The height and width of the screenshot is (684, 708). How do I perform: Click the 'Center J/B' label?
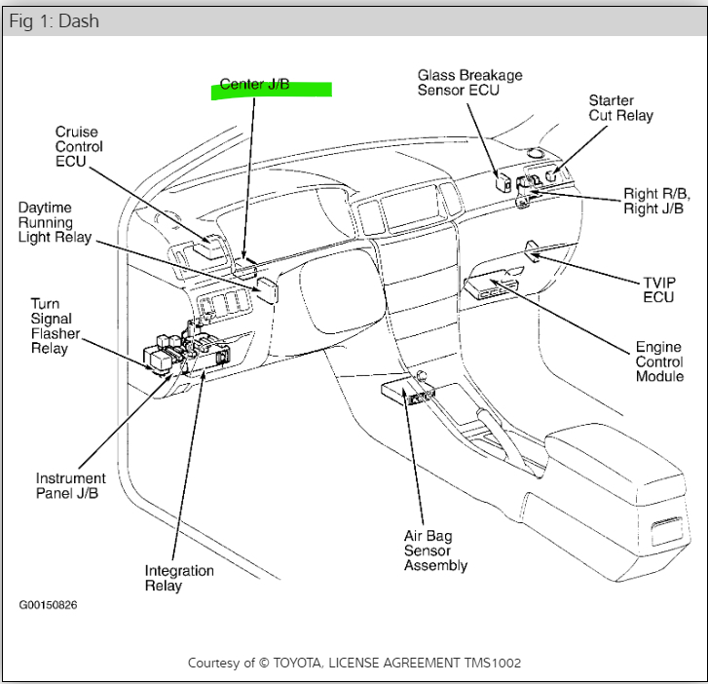tap(254, 85)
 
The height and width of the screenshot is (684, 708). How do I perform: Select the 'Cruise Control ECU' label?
tap(79, 147)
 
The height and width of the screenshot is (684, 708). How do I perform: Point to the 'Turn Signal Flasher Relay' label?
tap(55, 326)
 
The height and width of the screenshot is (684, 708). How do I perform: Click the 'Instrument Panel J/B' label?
tap(71, 485)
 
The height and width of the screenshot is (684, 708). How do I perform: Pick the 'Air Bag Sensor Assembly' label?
tap(435, 551)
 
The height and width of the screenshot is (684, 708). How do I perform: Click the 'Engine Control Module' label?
tap(659, 361)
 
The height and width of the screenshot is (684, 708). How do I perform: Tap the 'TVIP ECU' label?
tap(658, 289)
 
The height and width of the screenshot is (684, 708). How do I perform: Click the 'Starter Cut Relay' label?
tap(620, 108)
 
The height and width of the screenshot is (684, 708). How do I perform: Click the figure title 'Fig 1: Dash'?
tap(54, 20)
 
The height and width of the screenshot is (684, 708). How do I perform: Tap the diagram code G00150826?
tap(48, 605)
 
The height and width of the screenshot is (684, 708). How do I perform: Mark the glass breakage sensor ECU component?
tap(503, 179)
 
